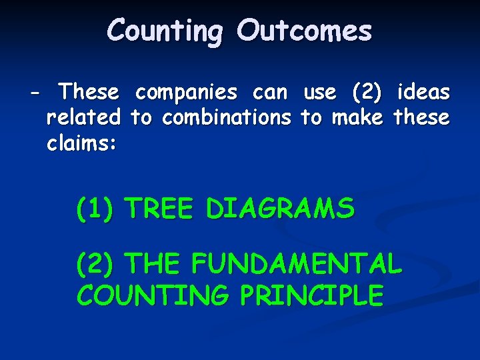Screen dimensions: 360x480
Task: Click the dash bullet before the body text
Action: pos(35,92)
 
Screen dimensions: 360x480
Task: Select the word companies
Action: pos(185,92)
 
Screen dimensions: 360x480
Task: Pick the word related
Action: pos(83,118)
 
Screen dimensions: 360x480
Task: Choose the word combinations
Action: pos(227,118)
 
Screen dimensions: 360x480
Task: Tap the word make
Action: pos(357,118)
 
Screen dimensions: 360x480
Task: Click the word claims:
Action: pos(82,144)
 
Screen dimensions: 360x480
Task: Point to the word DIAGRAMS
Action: pos(280,209)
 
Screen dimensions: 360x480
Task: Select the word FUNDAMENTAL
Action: pos(297,265)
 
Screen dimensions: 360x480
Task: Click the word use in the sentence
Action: pos(319,92)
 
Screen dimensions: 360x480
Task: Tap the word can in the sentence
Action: pos(269,92)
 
